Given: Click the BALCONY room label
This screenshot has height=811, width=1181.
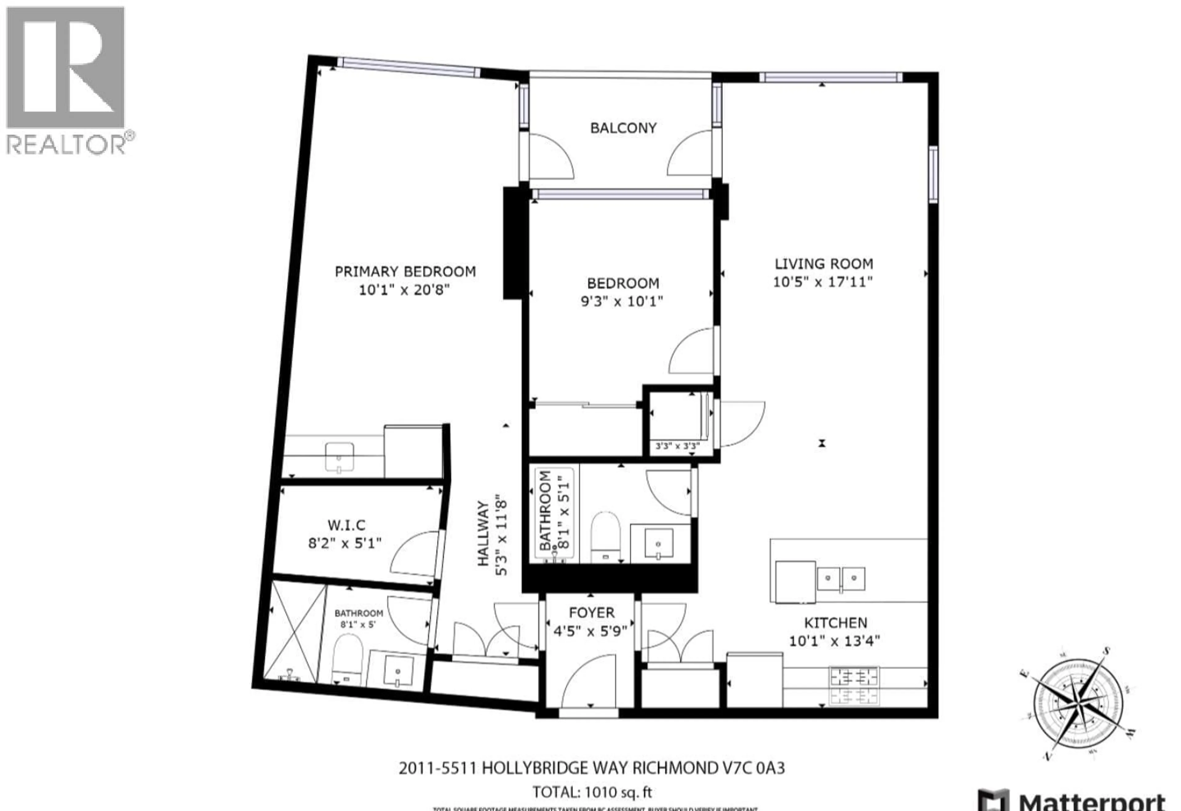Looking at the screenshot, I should (x=623, y=128).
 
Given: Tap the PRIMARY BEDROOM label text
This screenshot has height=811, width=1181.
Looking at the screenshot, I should (x=405, y=272).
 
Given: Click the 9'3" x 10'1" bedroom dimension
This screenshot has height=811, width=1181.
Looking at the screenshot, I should (x=622, y=302).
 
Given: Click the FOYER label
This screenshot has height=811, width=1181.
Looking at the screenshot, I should (x=591, y=613).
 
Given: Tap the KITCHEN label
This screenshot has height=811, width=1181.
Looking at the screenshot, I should (x=835, y=623).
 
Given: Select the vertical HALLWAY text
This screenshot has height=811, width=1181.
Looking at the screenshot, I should (x=483, y=534).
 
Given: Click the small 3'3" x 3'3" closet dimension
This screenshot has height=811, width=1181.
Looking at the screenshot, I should (x=678, y=447).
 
